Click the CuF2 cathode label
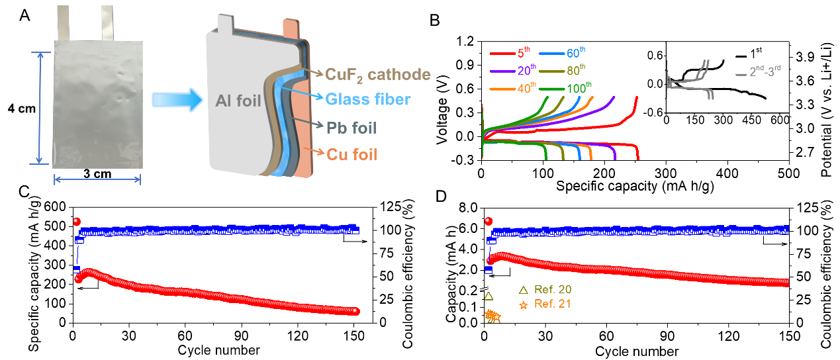click(x=379, y=74)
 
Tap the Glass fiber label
click(x=368, y=99)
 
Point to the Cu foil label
click(x=351, y=155)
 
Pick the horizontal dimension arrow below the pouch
click(x=97, y=179)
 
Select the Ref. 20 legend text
click(x=553, y=290)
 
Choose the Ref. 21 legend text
click(x=553, y=304)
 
